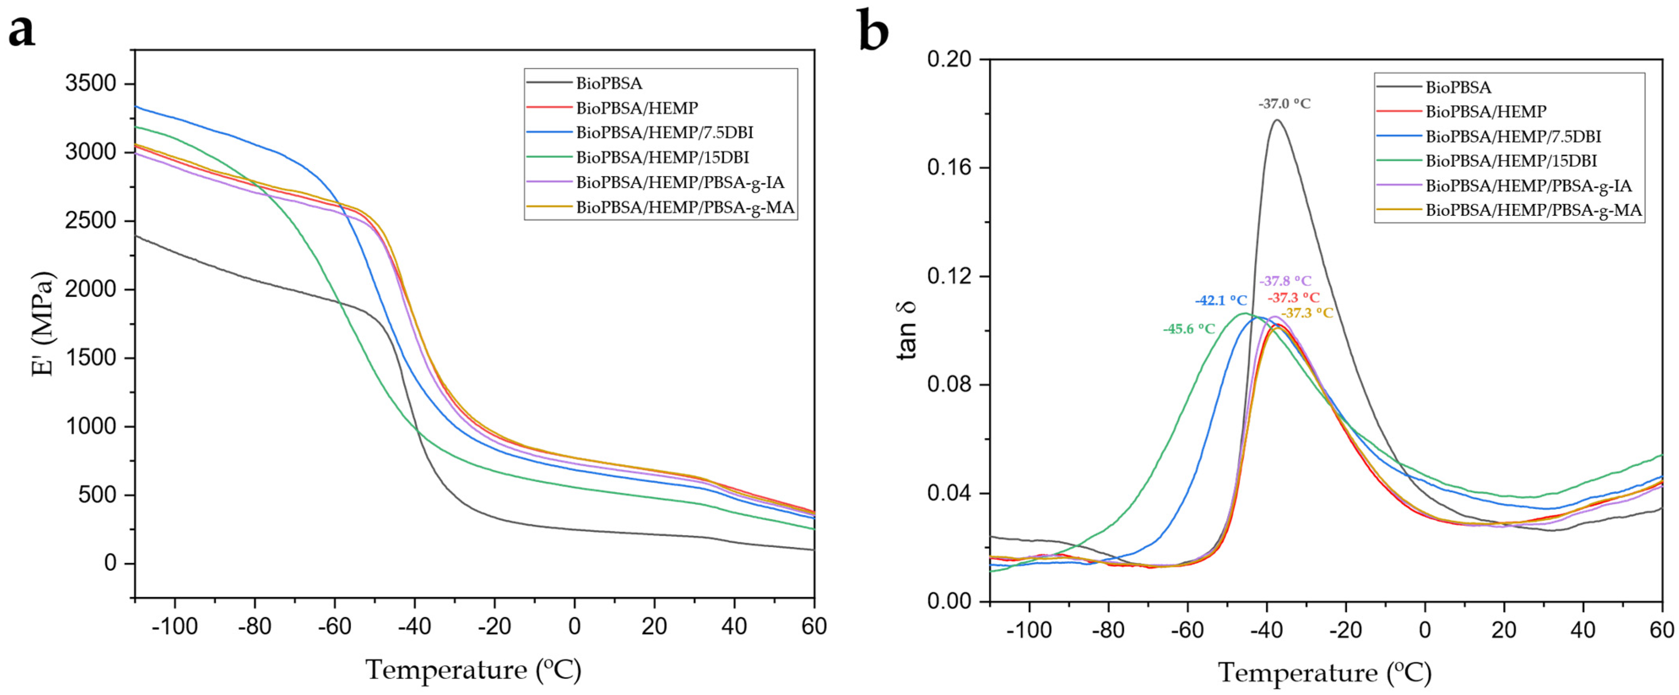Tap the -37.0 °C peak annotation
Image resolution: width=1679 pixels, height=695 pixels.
(x=1284, y=104)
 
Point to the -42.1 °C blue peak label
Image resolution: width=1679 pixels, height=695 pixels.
(x=1221, y=301)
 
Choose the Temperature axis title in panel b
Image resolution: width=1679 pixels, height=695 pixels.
(x=1325, y=672)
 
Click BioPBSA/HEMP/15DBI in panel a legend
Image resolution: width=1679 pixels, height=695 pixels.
(x=662, y=157)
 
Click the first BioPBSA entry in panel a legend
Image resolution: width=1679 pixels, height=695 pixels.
(x=609, y=83)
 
